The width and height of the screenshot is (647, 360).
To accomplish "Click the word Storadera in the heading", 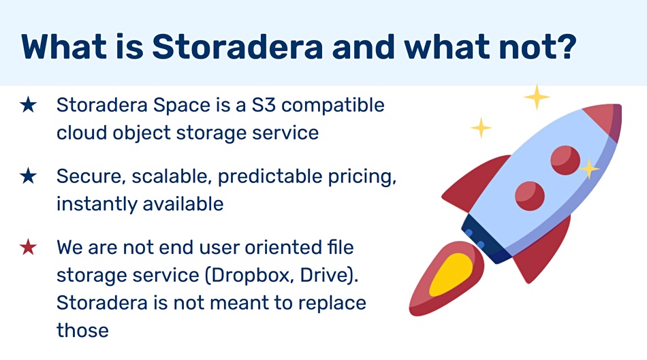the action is (238, 46).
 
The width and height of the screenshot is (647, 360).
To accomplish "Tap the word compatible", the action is (333, 105).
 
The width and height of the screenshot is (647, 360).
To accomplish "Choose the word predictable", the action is (270, 176).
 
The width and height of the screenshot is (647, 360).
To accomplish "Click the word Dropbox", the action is (250, 275).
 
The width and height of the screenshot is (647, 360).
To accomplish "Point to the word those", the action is (82, 330).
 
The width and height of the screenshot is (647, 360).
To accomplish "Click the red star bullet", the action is (28, 247).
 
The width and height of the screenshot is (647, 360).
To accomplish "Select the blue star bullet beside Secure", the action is (28, 176).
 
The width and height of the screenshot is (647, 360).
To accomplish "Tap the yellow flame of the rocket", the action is (451, 275).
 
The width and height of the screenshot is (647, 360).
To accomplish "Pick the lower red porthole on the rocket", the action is (530, 195).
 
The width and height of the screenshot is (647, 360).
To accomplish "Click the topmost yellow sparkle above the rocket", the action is (537, 97).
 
